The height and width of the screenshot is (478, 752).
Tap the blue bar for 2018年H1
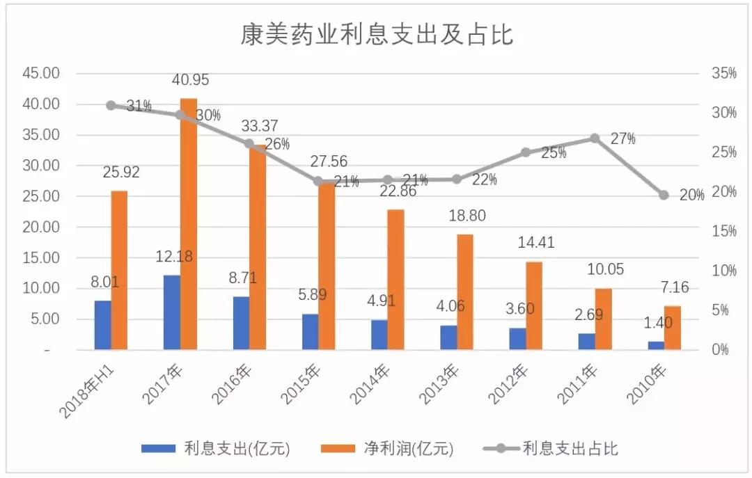[x=102, y=325]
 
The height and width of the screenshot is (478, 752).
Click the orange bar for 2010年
[x=672, y=328]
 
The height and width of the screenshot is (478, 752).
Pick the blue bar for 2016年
[x=241, y=323]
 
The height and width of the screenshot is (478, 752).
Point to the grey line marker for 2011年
[x=595, y=138]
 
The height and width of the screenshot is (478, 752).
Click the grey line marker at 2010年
[x=664, y=196]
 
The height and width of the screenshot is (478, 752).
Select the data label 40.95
[x=190, y=80]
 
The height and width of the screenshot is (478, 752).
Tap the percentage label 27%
[x=622, y=139]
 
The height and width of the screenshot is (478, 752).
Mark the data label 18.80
[x=466, y=216]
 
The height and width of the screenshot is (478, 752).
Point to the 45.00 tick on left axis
[x=42, y=73]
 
